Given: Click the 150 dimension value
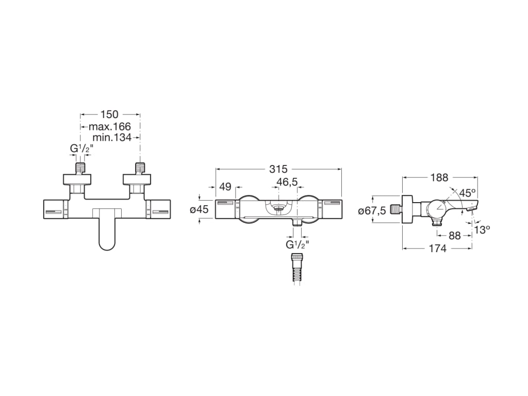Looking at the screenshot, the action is pyautogui.click(x=110, y=114).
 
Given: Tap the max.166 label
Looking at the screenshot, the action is pyautogui.click(x=110, y=127).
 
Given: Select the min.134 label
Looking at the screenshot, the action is pyautogui.click(x=112, y=137).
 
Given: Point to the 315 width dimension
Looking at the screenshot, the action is pyautogui.click(x=278, y=169).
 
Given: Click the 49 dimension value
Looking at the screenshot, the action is pyautogui.click(x=225, y=186).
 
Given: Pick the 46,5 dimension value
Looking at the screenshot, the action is pyautogui.click(x=287, y=182).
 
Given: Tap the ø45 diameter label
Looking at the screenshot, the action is pyautogui.click(x=200, y=209).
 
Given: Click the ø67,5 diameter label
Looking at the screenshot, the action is pyautogui.click(x=372, y=211).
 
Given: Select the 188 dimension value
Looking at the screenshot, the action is pyautogui.click(x=439, y=177).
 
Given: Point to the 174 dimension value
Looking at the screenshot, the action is pyautogui.click(x=437, y=249).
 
